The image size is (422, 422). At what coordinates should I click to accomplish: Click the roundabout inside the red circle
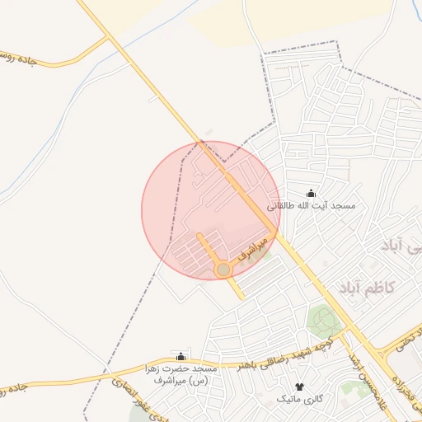[223, 270]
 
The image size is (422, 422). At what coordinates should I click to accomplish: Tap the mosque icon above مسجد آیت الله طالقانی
[311, 193]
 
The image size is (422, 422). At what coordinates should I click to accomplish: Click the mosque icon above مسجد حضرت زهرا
[181, 356]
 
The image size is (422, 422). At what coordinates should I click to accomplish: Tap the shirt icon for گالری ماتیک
[298, 386]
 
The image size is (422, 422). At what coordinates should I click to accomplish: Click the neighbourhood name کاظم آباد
[366, 288]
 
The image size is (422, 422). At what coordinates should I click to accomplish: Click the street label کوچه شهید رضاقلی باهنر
[273, 352]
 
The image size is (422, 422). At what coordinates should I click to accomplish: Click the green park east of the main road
[323, 319]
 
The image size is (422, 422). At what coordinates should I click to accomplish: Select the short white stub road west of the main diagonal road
[153, 98]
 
